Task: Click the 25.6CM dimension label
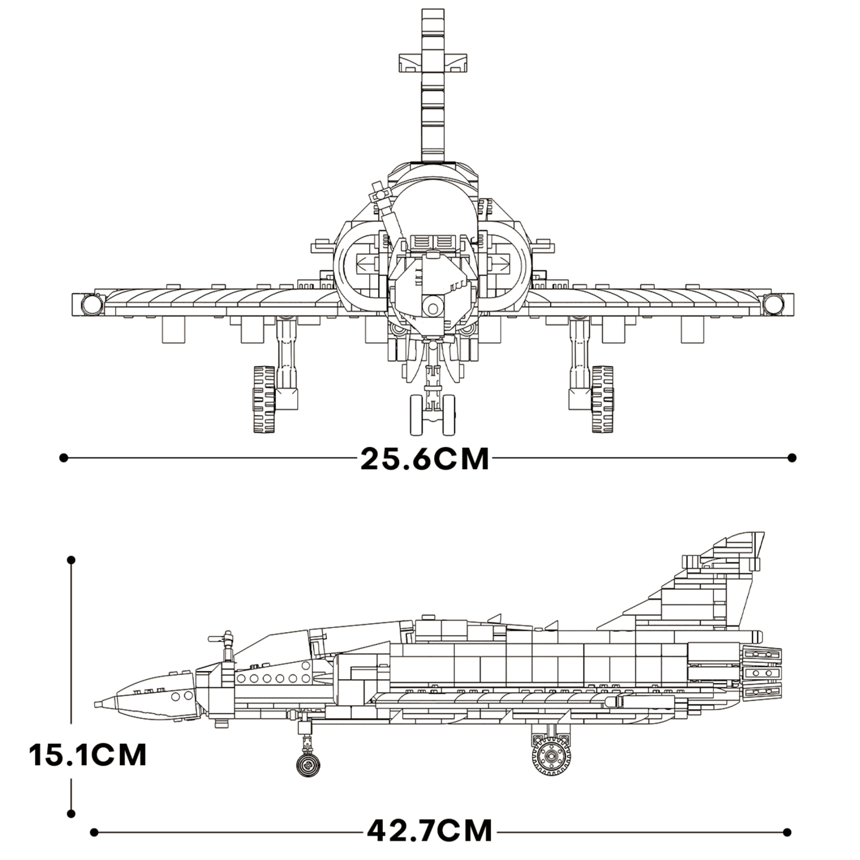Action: coord(425,459)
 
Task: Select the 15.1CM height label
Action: coord(88,755)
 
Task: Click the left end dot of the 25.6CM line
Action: coord(63,458)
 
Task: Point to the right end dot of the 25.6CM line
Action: coord(792,458)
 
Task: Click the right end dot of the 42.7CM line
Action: coord(787,832)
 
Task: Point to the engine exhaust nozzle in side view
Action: coord(762,673)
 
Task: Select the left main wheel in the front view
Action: coord(264,399)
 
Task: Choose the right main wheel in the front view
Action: coord(602,399)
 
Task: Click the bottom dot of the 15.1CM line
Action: coord(71,813)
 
